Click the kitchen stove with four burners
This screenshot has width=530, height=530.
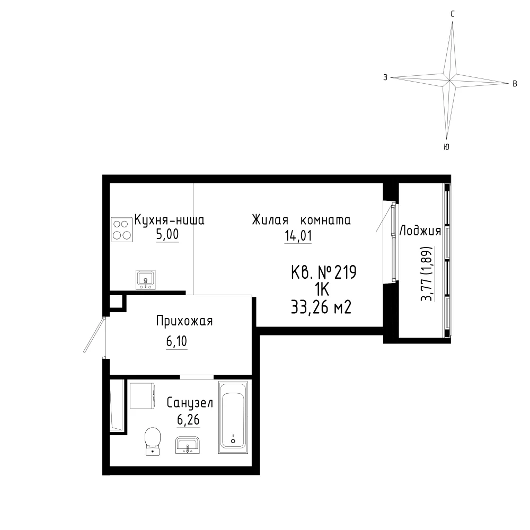[x=122, y=229]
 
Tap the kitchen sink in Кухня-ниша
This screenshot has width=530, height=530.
[x=146, y=279]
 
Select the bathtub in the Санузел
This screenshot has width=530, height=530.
[x=233, y=418]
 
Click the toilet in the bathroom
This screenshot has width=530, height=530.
[x=153, y=441]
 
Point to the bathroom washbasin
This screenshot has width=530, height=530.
[x=188, y=445]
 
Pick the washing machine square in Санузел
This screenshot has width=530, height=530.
[x=142, y=395]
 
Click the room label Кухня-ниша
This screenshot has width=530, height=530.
[x=170, y=220]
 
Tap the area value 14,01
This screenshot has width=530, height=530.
[x=298, y=236]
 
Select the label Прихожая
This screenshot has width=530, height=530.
[x=184, y=321]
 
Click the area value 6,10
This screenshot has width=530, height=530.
[x=176, y=341]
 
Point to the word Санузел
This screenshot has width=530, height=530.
[x=190, y=403]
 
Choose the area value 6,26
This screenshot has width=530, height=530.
[x=188, y=420]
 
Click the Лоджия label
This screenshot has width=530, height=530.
[x=420, y=231]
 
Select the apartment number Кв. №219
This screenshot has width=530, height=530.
[x=324, y=272]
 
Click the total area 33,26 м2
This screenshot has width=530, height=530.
[x=321, y=307]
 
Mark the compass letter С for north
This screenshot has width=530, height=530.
[x=453, y=14]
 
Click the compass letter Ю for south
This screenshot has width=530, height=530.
[x=446, y=147]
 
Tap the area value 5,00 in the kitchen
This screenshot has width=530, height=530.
[x=167, y=234]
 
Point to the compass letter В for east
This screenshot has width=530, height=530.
[x=515, y=84]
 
